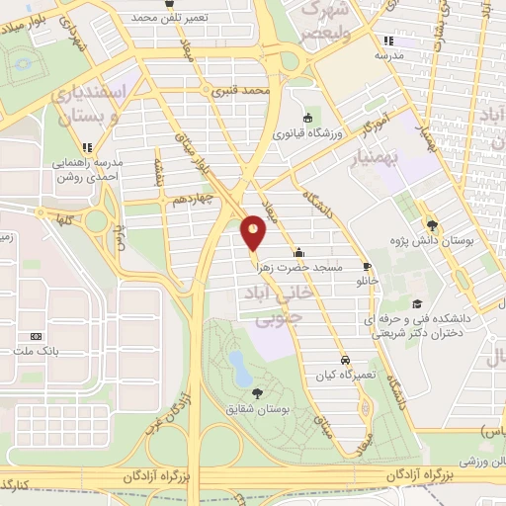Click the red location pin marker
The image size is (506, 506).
(x=254, y=232)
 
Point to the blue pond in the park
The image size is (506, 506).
(x=239, y=367)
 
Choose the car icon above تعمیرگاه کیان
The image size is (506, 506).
(x=345, y=360)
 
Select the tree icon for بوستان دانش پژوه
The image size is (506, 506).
(x=431, y=223)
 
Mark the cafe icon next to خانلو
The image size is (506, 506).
(x=367, y=266)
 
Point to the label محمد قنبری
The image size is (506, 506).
(x=241, y=90)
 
